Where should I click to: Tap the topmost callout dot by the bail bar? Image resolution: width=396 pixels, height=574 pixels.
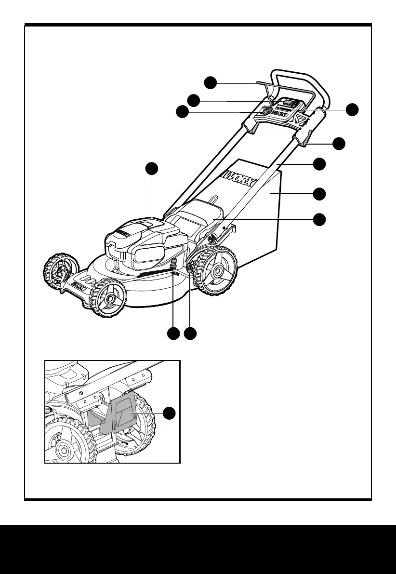(210, 82)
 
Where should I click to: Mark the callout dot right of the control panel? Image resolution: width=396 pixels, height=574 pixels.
(354, 109)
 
